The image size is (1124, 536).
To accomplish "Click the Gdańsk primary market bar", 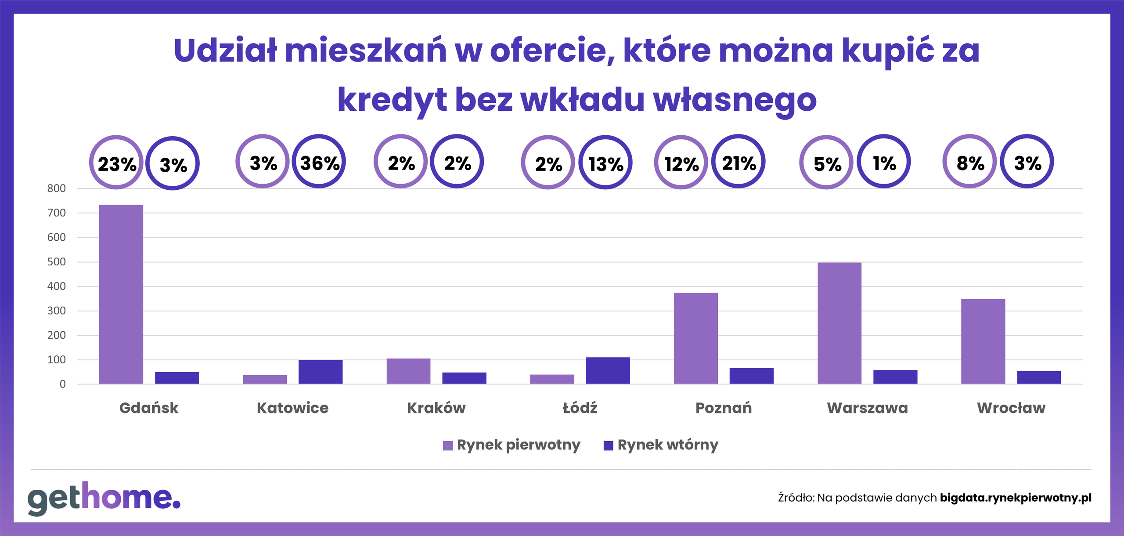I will pos(121,294).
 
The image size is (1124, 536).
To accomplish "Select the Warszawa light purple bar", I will pos(839,323).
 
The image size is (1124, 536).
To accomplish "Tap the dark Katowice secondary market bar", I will pos(320,372).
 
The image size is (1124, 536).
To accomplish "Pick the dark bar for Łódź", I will pos(608,370).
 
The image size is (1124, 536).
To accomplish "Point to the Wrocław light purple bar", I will pos(983,341).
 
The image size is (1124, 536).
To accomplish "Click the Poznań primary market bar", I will pos(695,338).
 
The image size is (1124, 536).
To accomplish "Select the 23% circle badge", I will pos(116,163).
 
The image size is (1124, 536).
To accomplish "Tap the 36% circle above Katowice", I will pos(319,162).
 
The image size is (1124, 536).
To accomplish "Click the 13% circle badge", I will pos(605,163).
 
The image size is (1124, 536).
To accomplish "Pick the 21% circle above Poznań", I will pos(739,162).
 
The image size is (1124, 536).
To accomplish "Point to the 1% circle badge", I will pos(883,162).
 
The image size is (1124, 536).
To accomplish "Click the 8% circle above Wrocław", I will pos(969,162).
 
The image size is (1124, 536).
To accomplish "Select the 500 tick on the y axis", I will pos(57,262).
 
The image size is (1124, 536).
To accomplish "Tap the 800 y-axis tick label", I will pos(57,188).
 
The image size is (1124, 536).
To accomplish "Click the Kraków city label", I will pos(436,408).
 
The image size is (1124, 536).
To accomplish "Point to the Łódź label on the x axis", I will pos(580,408).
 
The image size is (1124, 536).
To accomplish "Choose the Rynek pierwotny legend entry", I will pos(512,445).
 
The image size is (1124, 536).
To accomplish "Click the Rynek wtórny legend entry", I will pos(661,445).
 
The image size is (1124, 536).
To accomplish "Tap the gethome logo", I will pos(104,498).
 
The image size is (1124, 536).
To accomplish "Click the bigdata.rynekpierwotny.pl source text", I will pos(1015,498).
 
